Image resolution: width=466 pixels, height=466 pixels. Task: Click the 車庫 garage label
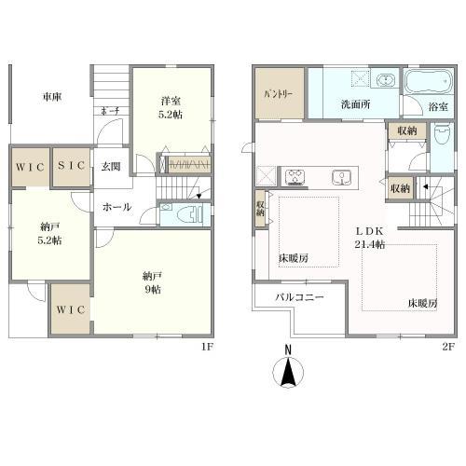(52, 97)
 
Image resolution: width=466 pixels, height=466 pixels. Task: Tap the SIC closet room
(71, 167)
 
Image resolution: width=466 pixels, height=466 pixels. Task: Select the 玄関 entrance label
(111, 167)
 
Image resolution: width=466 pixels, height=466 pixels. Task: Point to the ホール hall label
(117, 207)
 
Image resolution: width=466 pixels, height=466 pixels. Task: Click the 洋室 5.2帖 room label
(171, 108)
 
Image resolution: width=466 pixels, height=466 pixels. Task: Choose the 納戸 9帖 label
(152, 282)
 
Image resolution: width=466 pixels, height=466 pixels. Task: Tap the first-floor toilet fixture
(189, 214)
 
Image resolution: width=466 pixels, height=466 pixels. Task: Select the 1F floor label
(207, 347)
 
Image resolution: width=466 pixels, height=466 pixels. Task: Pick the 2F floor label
(448, 347)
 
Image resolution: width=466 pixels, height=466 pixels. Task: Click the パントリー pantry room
(280, 93)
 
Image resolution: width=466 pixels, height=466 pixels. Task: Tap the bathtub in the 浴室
(428, 81)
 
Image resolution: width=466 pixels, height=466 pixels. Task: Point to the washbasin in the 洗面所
(386, 80)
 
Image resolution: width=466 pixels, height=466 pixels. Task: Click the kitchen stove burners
(295, 177)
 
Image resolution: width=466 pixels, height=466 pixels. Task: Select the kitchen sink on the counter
(342, 177)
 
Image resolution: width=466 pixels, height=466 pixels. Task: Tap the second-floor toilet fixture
(442, 134)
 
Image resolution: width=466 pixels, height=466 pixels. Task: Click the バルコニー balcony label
(299, 297)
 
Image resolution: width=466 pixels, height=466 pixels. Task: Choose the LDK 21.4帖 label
(370, 238)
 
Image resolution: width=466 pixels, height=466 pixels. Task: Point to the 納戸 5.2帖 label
(49, 233)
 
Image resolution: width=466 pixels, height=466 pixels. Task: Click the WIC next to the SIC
(31, 167)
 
